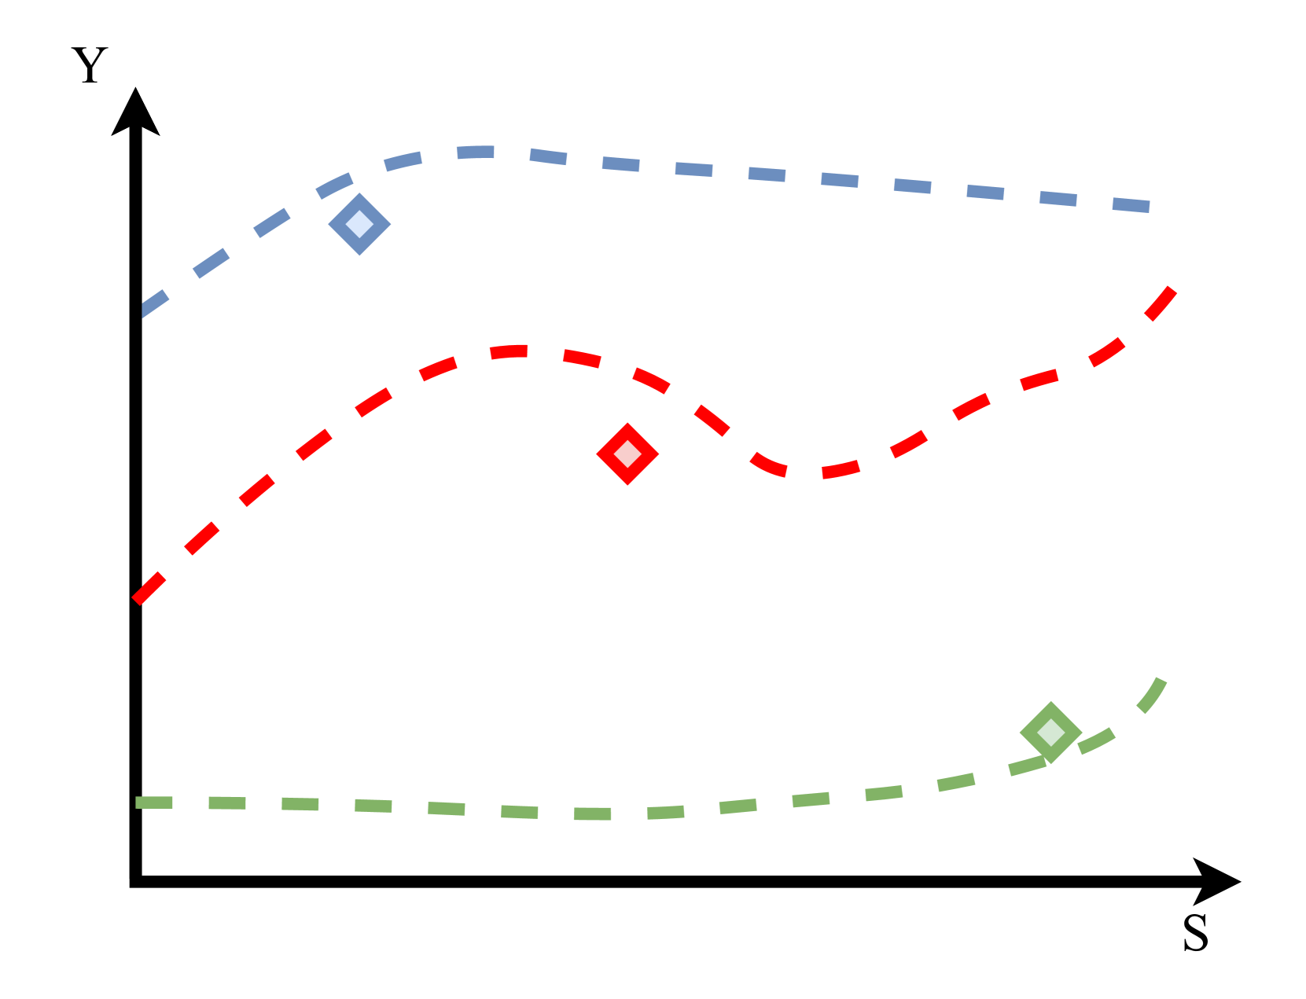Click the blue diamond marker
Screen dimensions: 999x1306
pyautogui.click(x=359, y=224)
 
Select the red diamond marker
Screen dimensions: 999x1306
pyautogui.click(x=627, y=454)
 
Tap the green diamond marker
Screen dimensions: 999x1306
pyautogui.click(x=1050, y=733)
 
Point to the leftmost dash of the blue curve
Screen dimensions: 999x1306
pyautogui.click(x=154, y=303)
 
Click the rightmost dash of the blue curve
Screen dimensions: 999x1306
pyautogui.click(x=1131, y=205)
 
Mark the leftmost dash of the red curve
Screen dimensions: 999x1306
pyautogui.click(x=149, y=588)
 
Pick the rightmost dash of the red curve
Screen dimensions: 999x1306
pyautogui.click(x=1161, y=304)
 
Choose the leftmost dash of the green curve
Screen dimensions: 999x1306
pyautogui.click(x=154, y=803)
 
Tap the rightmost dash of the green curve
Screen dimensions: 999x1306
pyautogui.click(x=1153, y=696)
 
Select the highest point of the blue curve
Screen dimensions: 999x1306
pyautogui.click(x=476, y=152)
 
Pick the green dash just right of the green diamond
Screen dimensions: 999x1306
pyautogui.click(x=1096, y=740)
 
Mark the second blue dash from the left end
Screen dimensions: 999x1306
pyautogui.click(x=212, y=263)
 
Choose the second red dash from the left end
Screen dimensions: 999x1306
pyautogui.click(x=202, y=538)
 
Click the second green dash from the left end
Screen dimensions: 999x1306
pyautogui.click(x=227, y=803)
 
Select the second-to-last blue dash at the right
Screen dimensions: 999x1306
pyautogui.click(x=1058, y=198)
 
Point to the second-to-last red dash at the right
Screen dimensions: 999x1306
pyautogui.click(x=1107, y=351)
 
